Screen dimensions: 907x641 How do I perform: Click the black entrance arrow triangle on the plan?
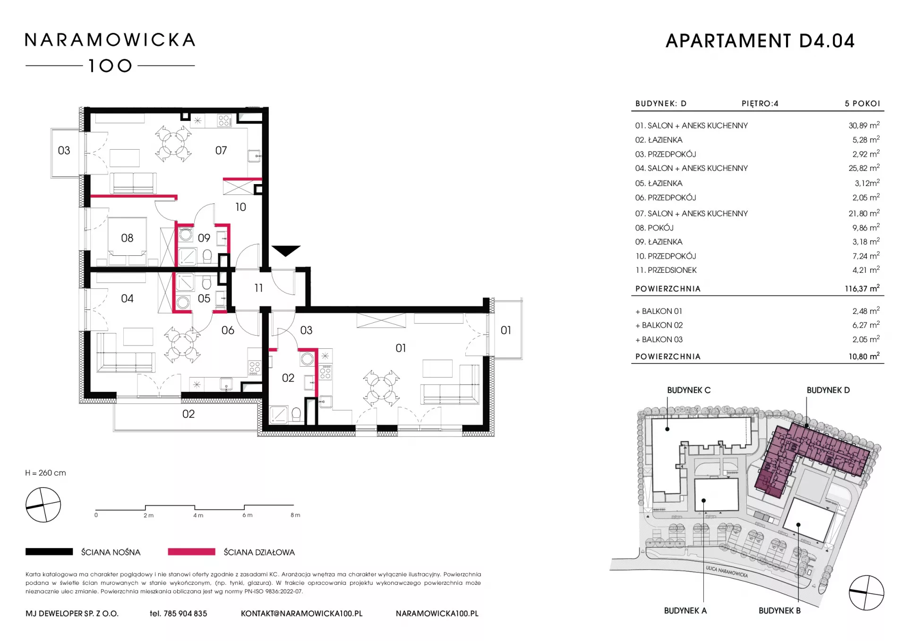286,251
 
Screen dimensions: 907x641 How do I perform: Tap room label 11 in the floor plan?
258,288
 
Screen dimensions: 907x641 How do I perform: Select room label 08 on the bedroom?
127,238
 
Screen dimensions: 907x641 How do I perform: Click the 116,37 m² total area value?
862,288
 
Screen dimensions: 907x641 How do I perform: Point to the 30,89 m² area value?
864,126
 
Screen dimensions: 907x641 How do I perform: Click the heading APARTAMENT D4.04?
760,41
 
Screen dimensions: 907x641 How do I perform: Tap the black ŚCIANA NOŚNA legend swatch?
49,551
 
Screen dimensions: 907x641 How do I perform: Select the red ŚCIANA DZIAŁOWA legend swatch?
191,551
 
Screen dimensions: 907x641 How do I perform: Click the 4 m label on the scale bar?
198,515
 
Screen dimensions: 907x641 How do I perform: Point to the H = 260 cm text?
46,473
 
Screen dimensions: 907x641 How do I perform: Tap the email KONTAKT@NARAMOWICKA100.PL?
302,614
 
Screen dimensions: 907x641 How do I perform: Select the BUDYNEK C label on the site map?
689,390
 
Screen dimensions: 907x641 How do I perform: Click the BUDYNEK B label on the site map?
779,611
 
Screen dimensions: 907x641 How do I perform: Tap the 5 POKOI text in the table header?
863,103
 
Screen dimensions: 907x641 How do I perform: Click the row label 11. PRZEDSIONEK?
666,270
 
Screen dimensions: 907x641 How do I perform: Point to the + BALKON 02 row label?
659,325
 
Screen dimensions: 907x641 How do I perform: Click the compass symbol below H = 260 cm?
43,505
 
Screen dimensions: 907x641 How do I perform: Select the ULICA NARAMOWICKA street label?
727,572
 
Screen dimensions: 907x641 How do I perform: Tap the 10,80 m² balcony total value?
864,356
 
